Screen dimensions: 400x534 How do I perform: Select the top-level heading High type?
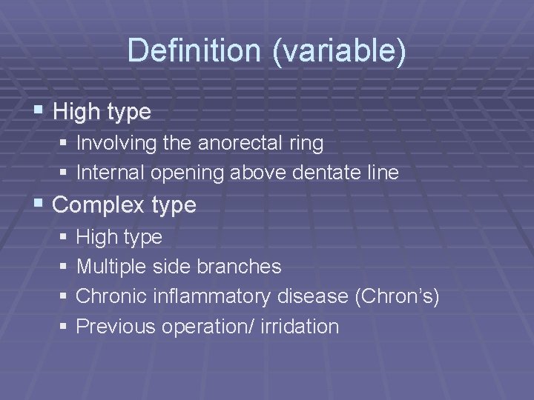102,112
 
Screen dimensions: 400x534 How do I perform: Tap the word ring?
307,143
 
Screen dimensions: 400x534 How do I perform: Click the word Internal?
111,173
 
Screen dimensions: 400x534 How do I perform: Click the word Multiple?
112,266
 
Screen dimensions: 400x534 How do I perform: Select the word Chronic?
112,296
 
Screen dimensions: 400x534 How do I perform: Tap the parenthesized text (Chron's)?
398,296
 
